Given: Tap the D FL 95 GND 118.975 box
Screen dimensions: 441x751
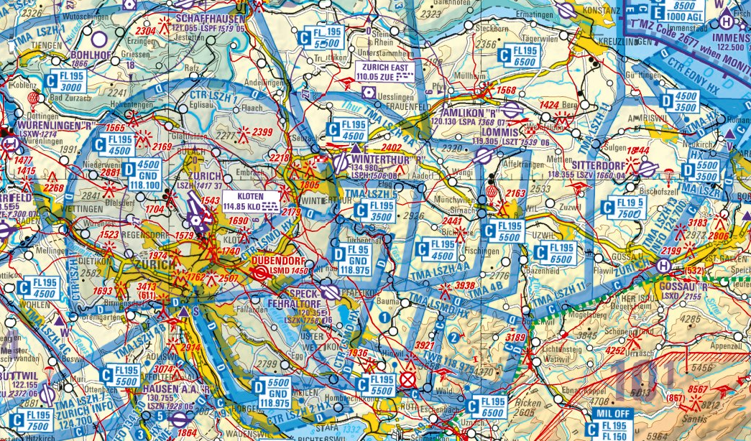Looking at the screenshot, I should point(351,255).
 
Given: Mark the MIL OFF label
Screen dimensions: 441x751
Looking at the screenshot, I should point(612,414).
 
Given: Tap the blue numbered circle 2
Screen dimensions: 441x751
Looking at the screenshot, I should point(453,338).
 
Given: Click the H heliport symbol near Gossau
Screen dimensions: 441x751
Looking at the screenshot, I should point(663,265).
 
